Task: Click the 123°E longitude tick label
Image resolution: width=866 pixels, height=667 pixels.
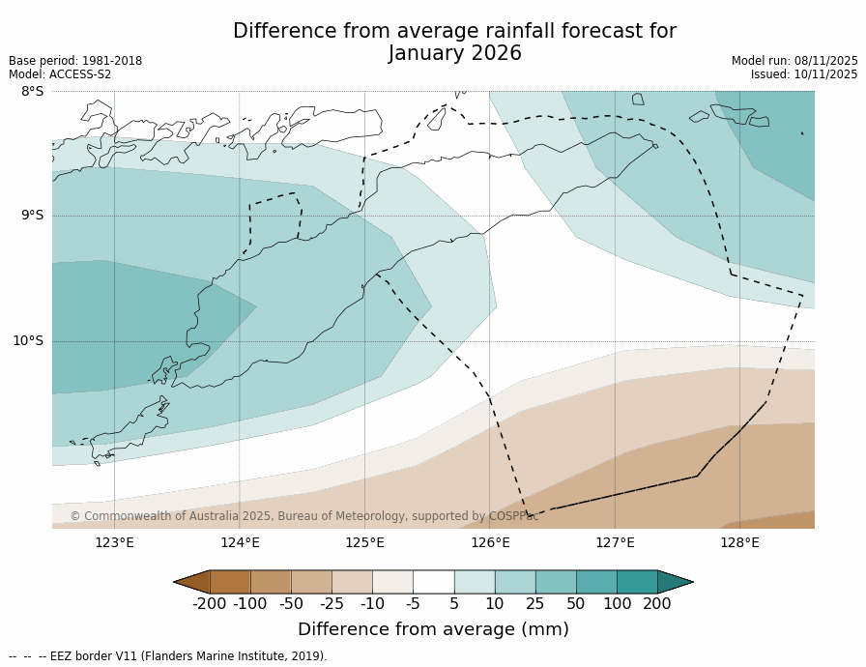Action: (114, 542)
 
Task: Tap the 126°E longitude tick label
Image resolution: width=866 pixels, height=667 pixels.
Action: (490, 542)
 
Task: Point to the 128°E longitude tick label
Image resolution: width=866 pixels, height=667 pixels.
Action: (739, 542)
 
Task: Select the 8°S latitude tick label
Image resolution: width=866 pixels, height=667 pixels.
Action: (32, 91)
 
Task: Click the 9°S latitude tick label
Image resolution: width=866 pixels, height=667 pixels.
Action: (32, 216)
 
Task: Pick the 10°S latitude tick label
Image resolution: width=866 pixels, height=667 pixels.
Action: (28, 340)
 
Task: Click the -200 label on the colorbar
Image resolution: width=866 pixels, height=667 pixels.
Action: (210, 604)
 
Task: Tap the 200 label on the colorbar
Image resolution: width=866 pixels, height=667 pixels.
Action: (657, 604)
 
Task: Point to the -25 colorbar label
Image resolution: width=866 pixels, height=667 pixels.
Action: (332, 604)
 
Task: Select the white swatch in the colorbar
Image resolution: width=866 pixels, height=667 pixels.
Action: (433, 581)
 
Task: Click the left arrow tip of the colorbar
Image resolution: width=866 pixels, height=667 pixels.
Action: (176, 582)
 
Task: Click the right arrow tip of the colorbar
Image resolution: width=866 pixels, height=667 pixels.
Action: (691, 582)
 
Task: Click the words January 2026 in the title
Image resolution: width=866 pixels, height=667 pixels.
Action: (455, 54)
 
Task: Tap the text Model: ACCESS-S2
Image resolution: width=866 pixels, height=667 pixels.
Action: (60, 74)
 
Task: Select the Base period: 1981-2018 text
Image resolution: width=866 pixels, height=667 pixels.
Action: (75, 61)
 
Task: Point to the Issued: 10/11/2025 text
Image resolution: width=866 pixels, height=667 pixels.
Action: (804, 74)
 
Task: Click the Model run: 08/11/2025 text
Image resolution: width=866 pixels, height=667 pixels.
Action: (794, 61)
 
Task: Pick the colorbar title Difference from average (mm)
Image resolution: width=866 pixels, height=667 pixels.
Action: (433, 629)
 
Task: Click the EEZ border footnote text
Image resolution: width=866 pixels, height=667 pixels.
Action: (168, 656)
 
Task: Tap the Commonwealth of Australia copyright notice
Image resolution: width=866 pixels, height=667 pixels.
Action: (303, 516)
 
